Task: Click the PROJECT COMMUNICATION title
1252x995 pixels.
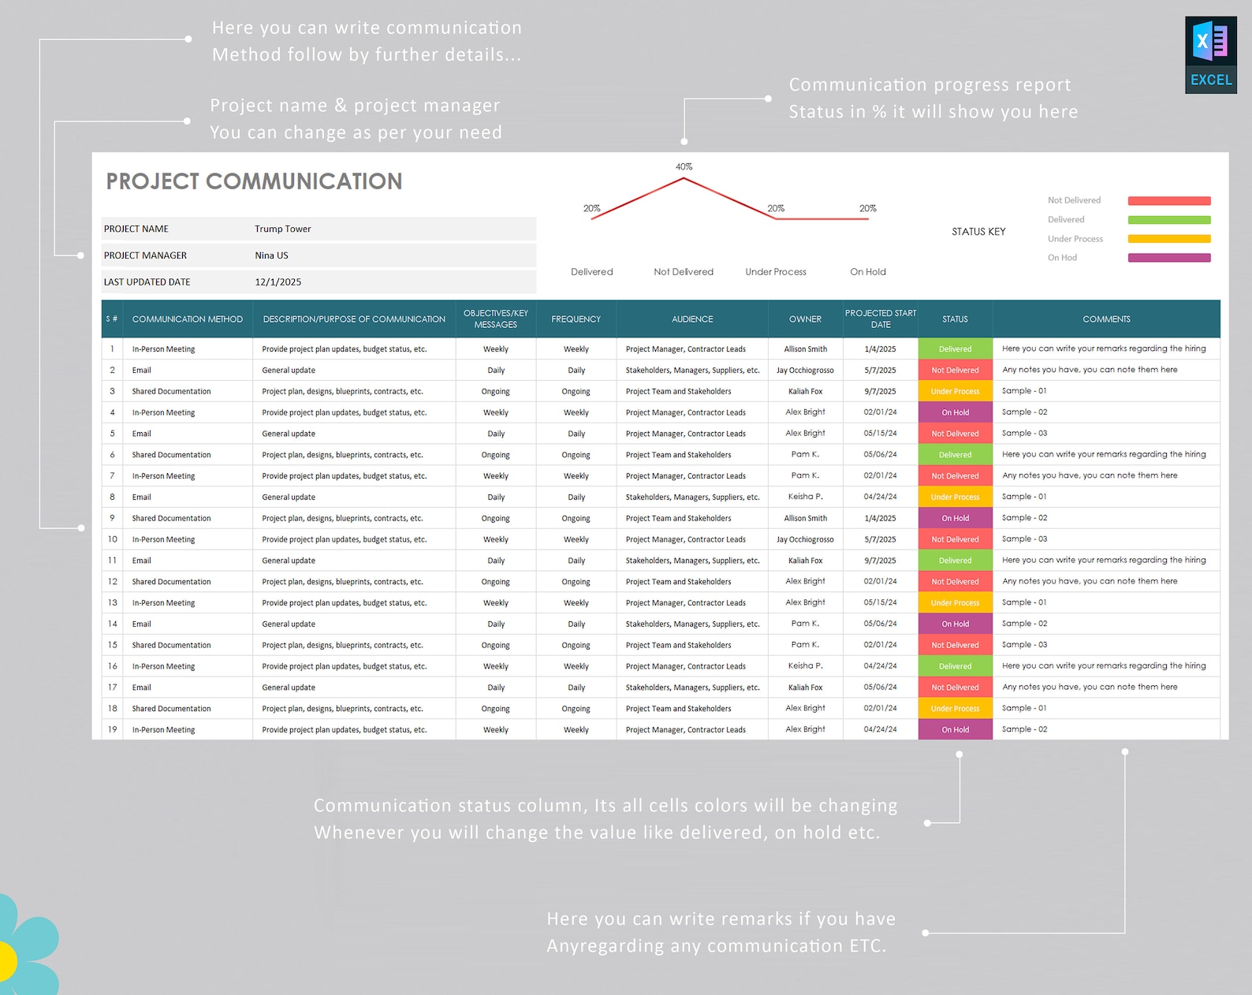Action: [x=254, y=181]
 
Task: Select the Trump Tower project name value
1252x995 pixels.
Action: [x=282, y=229]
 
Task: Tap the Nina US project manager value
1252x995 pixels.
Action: [x=271, y=255]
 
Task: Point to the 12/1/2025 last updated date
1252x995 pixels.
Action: [x=278, y=282]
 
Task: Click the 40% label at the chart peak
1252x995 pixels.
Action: [x=684, y=167]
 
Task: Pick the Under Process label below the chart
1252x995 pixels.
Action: [x=776, y=272]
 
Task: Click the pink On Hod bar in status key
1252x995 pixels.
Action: [x=1168, y=258]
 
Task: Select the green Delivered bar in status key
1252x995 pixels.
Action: [x=1168, y=220]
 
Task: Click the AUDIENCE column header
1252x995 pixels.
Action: [x=691, y=319]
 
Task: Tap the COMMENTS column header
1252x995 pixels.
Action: [x=1105, y=319]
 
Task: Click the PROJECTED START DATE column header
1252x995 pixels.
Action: [x=880, y=319]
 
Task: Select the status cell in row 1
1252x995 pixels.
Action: [x=955, y=349]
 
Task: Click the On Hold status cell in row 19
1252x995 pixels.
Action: [x=955, y=730]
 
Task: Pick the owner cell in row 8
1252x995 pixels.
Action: [x=805, y=497]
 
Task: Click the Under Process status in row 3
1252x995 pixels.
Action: [x=955, y=392]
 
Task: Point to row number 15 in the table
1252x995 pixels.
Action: [x=113, y=645]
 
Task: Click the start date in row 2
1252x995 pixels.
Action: [x=880, y=371]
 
